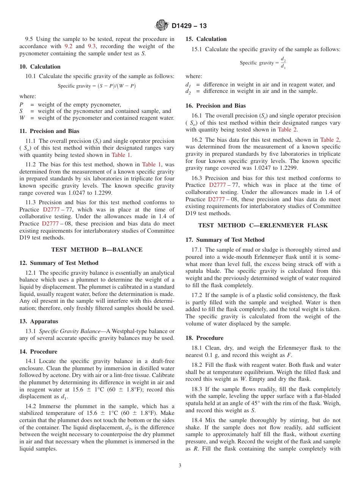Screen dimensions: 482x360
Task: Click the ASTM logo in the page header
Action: point(162,26)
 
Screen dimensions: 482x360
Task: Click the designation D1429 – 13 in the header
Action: point(189,26)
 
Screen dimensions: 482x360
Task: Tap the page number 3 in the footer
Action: point(180,465)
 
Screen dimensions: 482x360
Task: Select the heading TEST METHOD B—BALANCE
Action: point(97,250)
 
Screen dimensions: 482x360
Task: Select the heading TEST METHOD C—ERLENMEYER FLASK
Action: point(263,225)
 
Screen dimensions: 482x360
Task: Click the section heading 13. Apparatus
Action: point(39,321)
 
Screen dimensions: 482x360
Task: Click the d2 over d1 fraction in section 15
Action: point(283,63)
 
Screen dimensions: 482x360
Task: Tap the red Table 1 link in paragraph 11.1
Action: point(121,155)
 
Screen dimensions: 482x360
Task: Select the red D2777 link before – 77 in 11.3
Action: point(52,210)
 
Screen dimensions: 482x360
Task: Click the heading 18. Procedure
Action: point(204,338)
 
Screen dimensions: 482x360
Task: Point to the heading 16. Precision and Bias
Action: point(215,106)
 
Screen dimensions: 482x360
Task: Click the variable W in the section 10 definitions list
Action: point(22,118)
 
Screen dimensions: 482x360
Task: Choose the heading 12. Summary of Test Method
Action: point(59,263)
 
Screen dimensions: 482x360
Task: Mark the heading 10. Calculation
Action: point(40,67)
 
